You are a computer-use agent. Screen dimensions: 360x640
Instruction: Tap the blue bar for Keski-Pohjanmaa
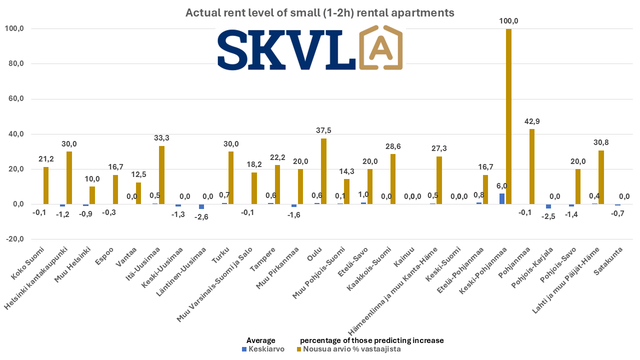click(x=501, y=199)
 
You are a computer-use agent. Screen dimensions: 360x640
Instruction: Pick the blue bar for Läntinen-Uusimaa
click(x=201, y=206)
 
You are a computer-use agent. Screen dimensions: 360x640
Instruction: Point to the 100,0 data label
click(x=508, y=21)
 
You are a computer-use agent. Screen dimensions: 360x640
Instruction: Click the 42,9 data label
click(x=531, y=121)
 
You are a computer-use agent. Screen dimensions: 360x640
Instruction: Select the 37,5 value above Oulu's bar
click(x=323, y=130)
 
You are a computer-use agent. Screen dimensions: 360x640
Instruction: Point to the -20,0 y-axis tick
click(x=15, y=239)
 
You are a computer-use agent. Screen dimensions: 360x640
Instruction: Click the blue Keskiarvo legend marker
click(x=244, y=349)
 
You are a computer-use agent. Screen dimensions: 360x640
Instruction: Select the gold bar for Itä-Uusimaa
click(x=161, y=175)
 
